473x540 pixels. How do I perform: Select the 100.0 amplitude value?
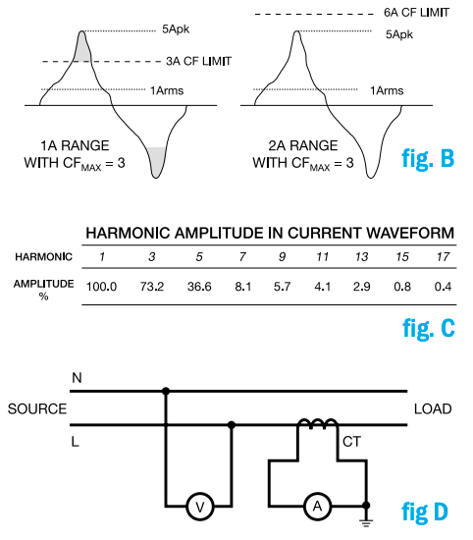102,286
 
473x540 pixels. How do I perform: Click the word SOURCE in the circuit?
36,407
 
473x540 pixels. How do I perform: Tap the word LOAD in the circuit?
432,407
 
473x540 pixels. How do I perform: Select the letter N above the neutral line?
76,377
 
